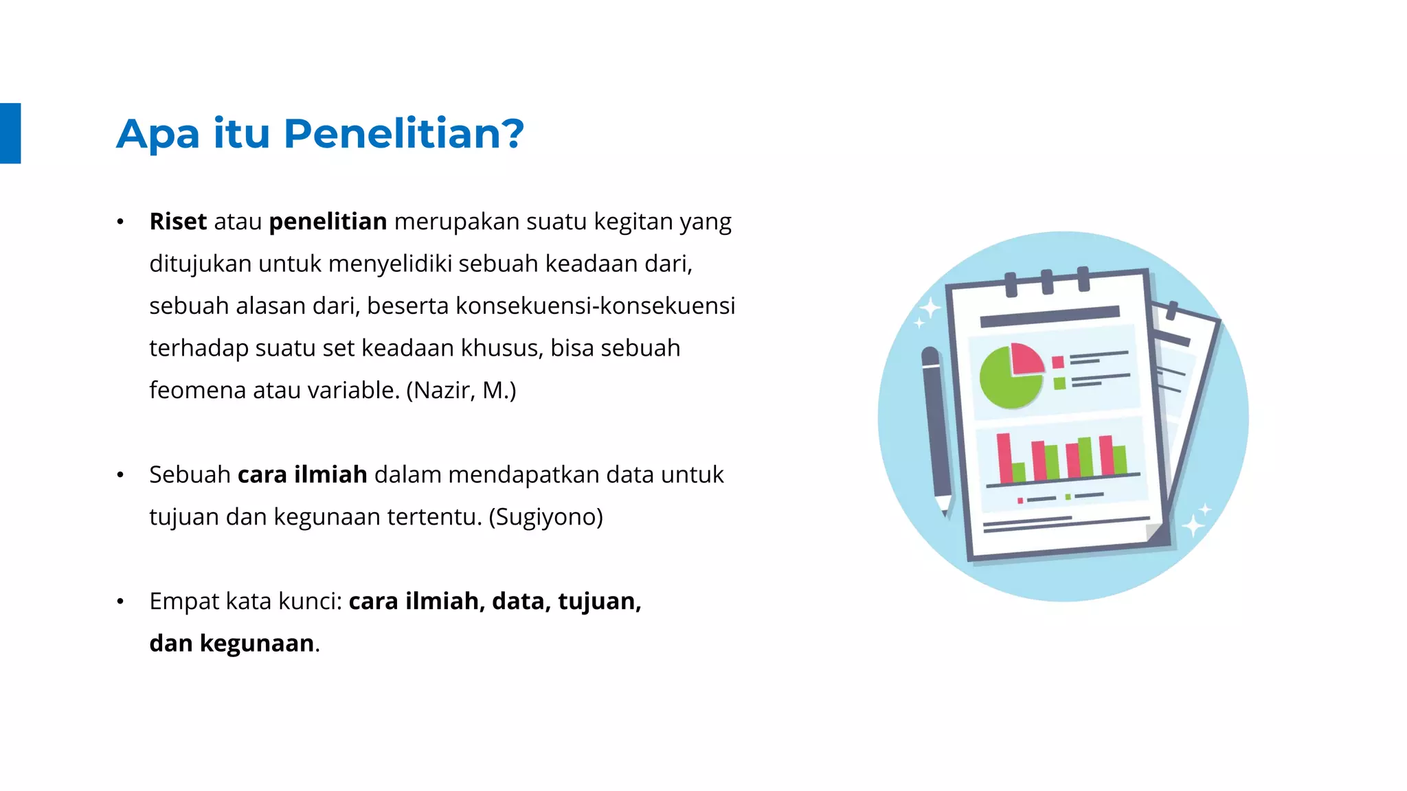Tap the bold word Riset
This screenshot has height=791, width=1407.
click(x=178, y=222)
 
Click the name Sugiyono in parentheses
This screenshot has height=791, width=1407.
click(x=545, y=516)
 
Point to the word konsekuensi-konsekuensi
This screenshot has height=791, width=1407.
click(x=595, y=306)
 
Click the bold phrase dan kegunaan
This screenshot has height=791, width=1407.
click(x=232, y=643)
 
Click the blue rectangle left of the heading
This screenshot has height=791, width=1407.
click(x=10, y=133)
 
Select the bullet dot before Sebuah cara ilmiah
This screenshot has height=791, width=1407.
click(x=120, y=474)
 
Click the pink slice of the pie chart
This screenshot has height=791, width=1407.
click(x=1026, y=358)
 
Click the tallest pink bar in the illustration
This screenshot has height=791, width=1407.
click(x=1004, y=457)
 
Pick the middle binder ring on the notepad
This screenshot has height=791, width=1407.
click(x=1047, y=282)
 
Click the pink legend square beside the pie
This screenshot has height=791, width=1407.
click(x=1058, y=362)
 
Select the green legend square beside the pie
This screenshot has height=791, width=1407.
click(x=1060, y=383)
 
